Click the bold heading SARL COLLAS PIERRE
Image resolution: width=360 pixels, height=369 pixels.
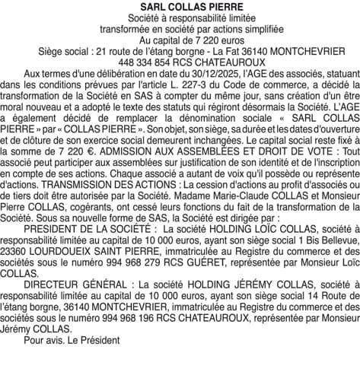click(x=180, y=7)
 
